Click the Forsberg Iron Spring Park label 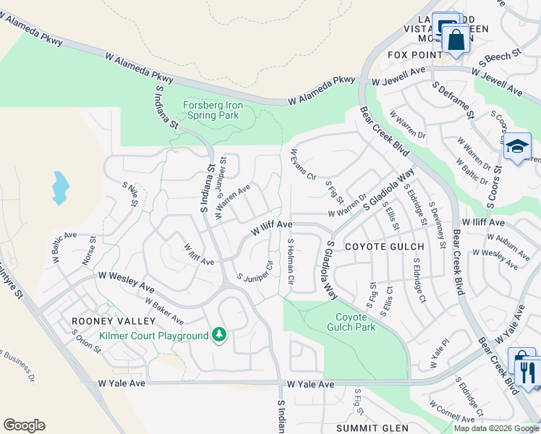tap(213, 110)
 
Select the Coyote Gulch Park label tap(356, 322)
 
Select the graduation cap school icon tap(517, 148)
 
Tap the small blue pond tap(60, 188)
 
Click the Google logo tap(24, 425)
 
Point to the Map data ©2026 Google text tap(495, 427)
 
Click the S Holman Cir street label tap(290, 261)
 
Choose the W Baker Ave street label tap(163, 310)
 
